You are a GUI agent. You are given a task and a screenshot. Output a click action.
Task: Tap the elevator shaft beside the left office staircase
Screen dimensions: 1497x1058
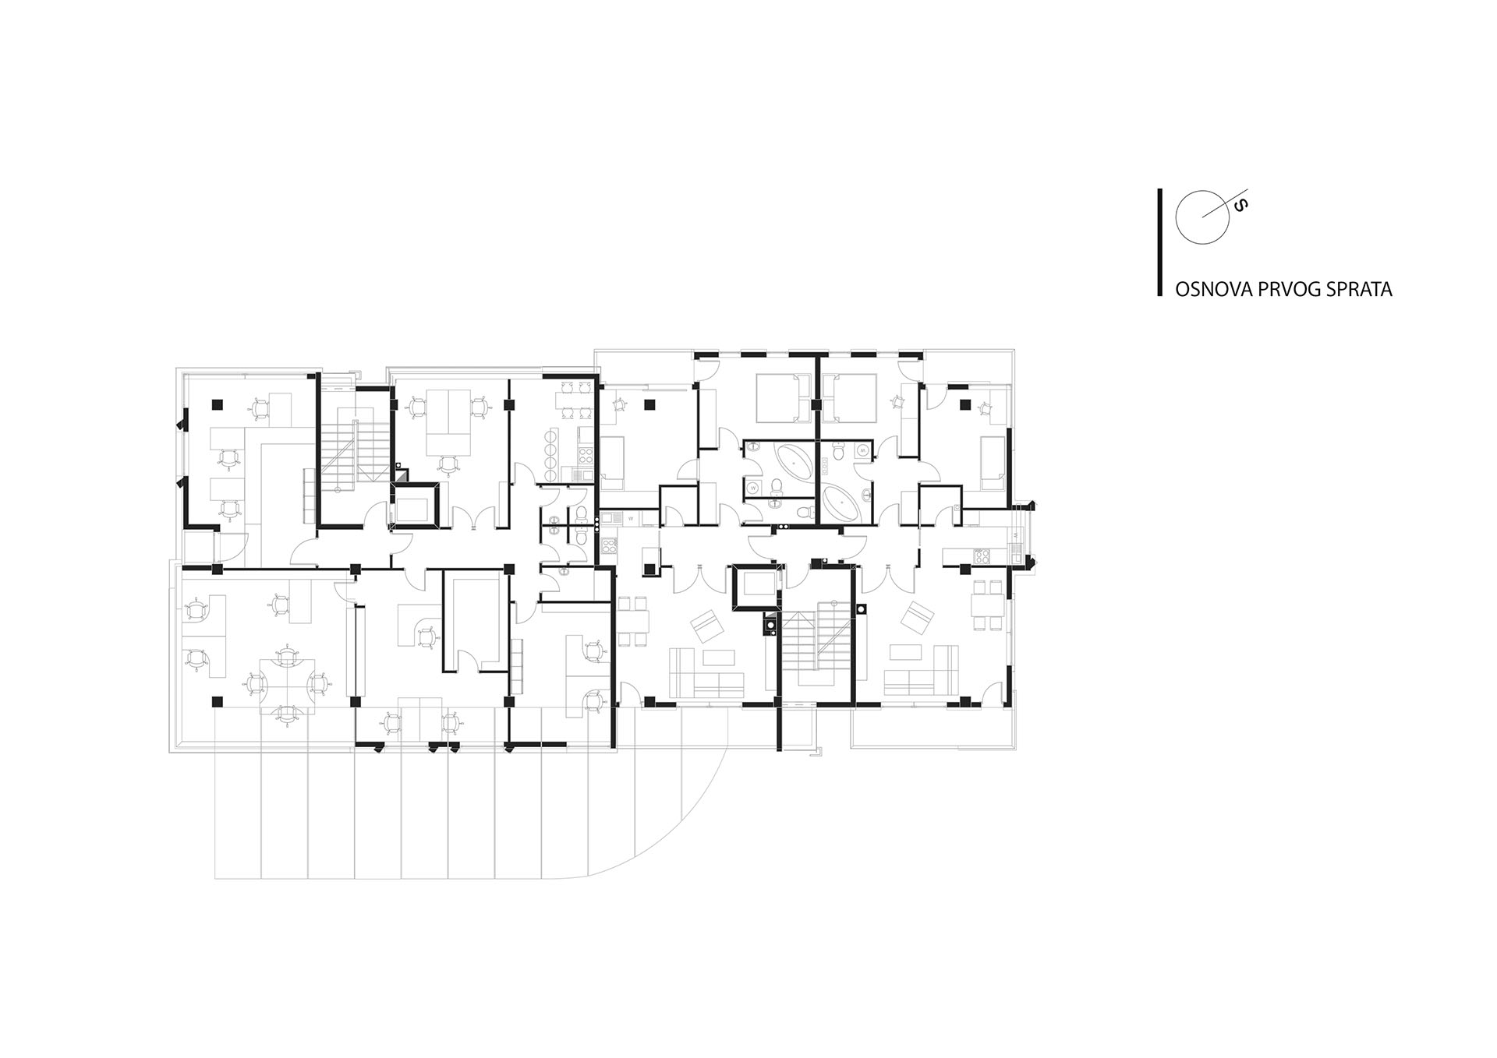pyautogui.click(x=416, y=505)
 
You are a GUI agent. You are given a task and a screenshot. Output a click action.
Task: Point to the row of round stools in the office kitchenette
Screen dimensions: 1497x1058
pyautogui.click(x=551, y=455)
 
